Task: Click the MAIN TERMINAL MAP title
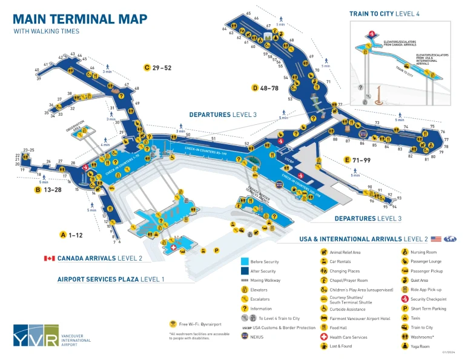(x=79, y=19)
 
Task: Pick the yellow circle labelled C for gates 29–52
(x=147, y=67)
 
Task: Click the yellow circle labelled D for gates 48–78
(x=255, y=88)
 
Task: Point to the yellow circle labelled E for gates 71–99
(x=347, y=160)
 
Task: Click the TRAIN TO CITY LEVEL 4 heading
(x=392, y=13)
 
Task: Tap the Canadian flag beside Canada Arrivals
(x=49, y=258)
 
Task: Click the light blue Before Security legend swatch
(x=245, y=262)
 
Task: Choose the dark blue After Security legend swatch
(x=245, y=271)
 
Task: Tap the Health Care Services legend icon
(x=324, y=337)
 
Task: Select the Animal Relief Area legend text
(x=345, y=252)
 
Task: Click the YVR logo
(x=36, y=336)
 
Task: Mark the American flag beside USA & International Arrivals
(x=436, y=239)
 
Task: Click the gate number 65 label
(x=248, y=13)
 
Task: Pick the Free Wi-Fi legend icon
(x=173, y=324)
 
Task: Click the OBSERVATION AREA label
(x=76, y=125)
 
